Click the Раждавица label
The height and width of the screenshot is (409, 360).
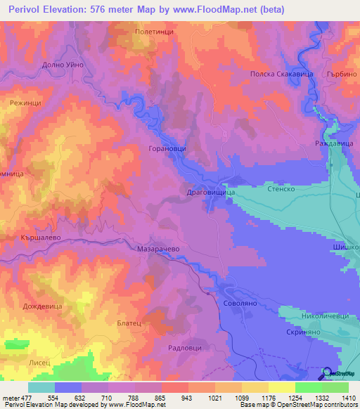[330, 143]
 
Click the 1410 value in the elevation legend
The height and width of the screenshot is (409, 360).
[348, 398]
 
